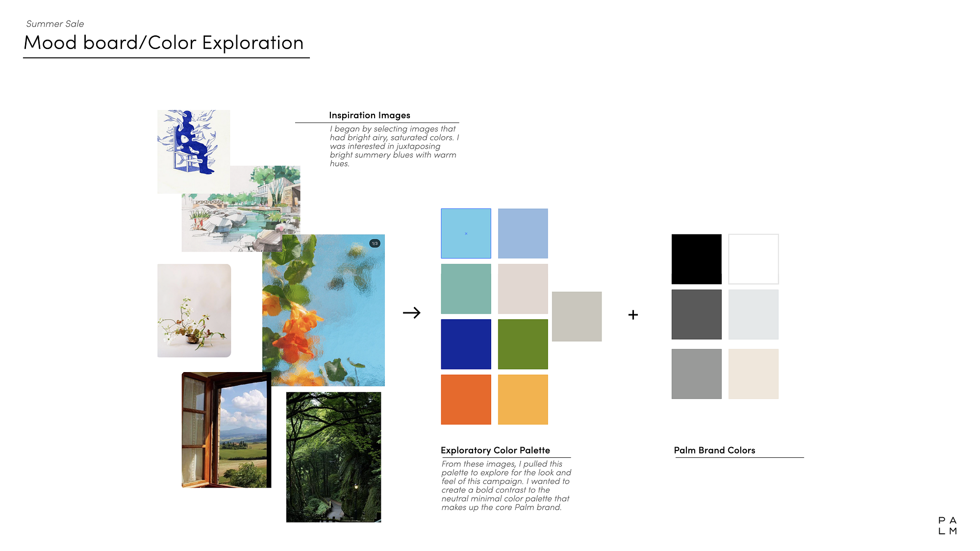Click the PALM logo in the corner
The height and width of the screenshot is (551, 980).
coord(947,526)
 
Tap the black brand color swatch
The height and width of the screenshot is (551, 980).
coord(696,259)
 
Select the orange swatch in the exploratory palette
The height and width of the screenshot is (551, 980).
coord(466,400)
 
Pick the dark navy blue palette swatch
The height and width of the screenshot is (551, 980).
coord(466,344)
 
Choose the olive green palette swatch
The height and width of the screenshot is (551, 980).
coord(523,344)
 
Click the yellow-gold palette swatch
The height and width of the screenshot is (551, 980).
coord(523,400)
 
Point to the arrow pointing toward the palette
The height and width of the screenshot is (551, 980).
coord(412,313)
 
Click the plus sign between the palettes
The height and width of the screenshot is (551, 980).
coord(633,315)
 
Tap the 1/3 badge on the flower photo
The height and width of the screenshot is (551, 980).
coord(375,243)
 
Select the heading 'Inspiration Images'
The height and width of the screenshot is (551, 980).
coord(370,115)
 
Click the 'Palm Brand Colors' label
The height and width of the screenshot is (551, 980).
coord(714,450)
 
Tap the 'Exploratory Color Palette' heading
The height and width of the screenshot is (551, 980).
coord(495,450)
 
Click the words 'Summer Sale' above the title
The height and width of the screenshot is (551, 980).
coord(55,24)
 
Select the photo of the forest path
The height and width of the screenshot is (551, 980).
coord(333,457)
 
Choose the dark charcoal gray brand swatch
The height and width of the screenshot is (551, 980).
coord(696,314)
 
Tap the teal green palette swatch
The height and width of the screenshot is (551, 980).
coord(466,289)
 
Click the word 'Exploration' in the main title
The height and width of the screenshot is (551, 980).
coord(253,43)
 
